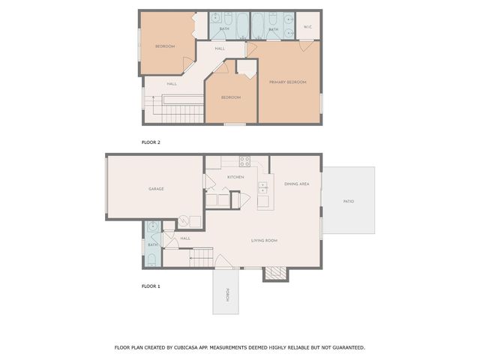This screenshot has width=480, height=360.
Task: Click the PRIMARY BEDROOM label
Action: pyautogui.click(x=287, y=82)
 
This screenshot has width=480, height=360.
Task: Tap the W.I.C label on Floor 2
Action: pyautogui.click(x=307, y=27)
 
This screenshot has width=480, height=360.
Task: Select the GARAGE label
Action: pyautogui.click(x=156, y=189)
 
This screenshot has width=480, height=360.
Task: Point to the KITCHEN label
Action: pyautogui.click(x=235, y=177)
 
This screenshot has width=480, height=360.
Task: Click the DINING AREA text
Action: pyautogui.click(x=297, y=184)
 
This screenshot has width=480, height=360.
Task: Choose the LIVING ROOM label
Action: pyautogui.click(x=264, y=240)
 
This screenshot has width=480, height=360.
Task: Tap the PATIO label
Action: pyautogui.click(x=349, y=201)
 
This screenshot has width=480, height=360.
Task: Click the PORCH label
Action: pyautogui.click(x=227, y=295)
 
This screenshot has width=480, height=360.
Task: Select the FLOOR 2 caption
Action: pyautogui.click(x=151, y=142)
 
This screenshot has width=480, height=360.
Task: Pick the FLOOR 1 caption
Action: pyautogui.click(x=151, y=286)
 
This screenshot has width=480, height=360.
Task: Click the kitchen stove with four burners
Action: pyautogui.click(x=244, y=161)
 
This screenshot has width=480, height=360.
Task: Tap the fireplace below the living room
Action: pyautogui.click(x=275, y=274)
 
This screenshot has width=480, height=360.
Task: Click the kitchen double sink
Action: pyautogui.click(x=262, y=187)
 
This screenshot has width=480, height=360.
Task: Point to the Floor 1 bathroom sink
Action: pyautogui.click(x=152, y=226)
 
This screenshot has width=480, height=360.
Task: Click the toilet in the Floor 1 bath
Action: pyautogui.click(x=152, y=260)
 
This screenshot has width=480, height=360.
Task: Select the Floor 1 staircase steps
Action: pyautogui.click(x=202, y=257)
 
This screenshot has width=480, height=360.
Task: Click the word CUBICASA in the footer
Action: pyautogui.click(x=186, y=347)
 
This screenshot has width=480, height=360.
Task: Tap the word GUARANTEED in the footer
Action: pyautogui.click(x=348, y=347)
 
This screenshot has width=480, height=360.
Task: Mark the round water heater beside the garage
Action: pyautogui.click(x=183, y=221)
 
